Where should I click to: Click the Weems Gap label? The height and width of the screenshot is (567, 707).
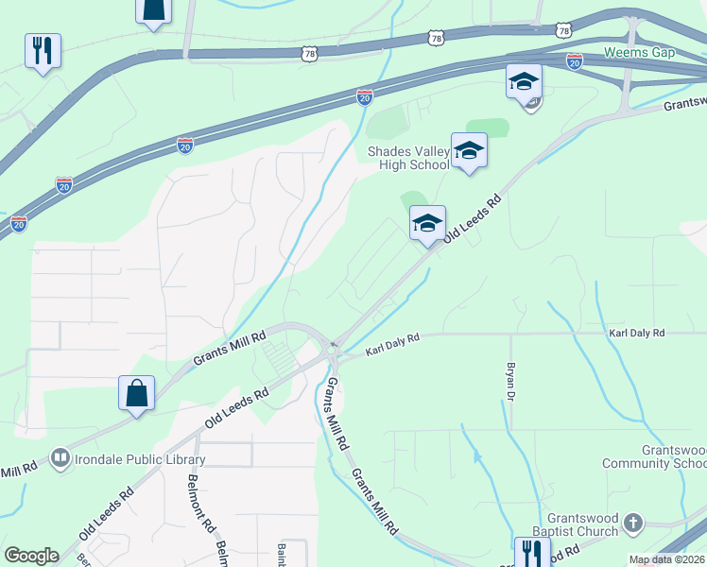(x=639, y=52)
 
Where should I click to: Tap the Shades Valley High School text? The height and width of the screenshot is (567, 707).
(x=408, y=158)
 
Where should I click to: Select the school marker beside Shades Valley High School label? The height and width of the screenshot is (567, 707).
(x=469, y=150)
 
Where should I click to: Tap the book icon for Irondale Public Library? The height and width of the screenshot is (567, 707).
(x=61, y=459)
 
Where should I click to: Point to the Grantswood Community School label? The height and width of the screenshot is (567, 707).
(x=674, y=456)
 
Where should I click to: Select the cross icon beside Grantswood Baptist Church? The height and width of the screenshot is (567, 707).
(x=634, y=523)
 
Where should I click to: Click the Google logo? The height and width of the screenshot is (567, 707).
(x=31, y=556)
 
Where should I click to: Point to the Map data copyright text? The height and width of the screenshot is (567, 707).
(x=667, y=559)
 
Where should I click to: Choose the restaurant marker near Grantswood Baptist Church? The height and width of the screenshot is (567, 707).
(x=532, y=552)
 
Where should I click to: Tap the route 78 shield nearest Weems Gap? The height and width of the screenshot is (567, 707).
(x=564, y=30)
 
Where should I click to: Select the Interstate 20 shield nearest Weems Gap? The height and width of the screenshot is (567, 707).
(x=574, y=60)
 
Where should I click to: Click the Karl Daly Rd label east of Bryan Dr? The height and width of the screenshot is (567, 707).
(x=637, y=334)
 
